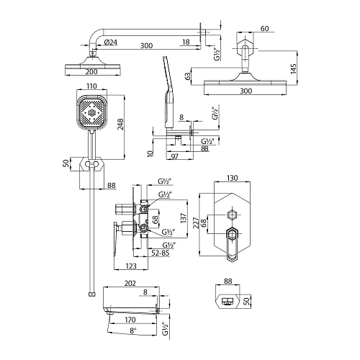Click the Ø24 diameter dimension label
pos(111,45)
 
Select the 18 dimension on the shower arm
pos(186,45)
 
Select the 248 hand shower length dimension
pos(123,126)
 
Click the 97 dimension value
pos(174,156)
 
